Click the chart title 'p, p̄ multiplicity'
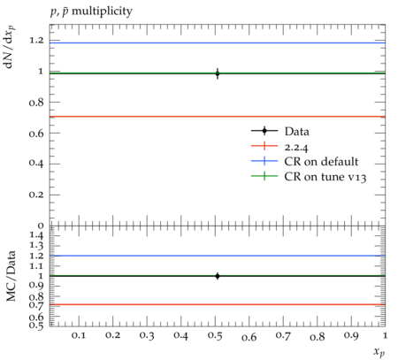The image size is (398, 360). (x=91, y=11)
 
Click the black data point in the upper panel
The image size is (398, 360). (x=218, y=73)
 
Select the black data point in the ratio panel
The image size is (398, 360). (x=218, y=276)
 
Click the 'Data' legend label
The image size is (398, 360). (x=296, y=132)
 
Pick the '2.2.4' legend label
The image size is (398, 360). (x=296, y=147)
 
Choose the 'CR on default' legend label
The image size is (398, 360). (x=321, y=162)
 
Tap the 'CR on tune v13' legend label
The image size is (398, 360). (x=325, y=177)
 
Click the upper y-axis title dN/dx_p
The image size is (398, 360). (x=10, y=47)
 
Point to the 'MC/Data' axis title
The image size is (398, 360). (x=11, y=276)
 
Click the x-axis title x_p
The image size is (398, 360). (x=379, y=352)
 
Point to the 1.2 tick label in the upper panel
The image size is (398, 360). (x=36, y=41)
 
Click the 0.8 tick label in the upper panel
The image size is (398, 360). (x=36, y=103)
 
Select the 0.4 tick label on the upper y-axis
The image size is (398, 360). (x=36, y=164)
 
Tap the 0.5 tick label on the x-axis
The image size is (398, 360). (x=215, y=336)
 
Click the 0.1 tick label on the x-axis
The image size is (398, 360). (x=79, y=336)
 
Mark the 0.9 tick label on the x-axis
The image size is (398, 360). (x=351, y=336)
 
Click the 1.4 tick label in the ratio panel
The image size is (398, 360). (x=36, y=235)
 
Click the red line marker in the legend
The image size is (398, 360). (x=264, y=146)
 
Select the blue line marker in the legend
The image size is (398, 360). (x=264, y=161)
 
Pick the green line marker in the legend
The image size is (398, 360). (x=264, y=176)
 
